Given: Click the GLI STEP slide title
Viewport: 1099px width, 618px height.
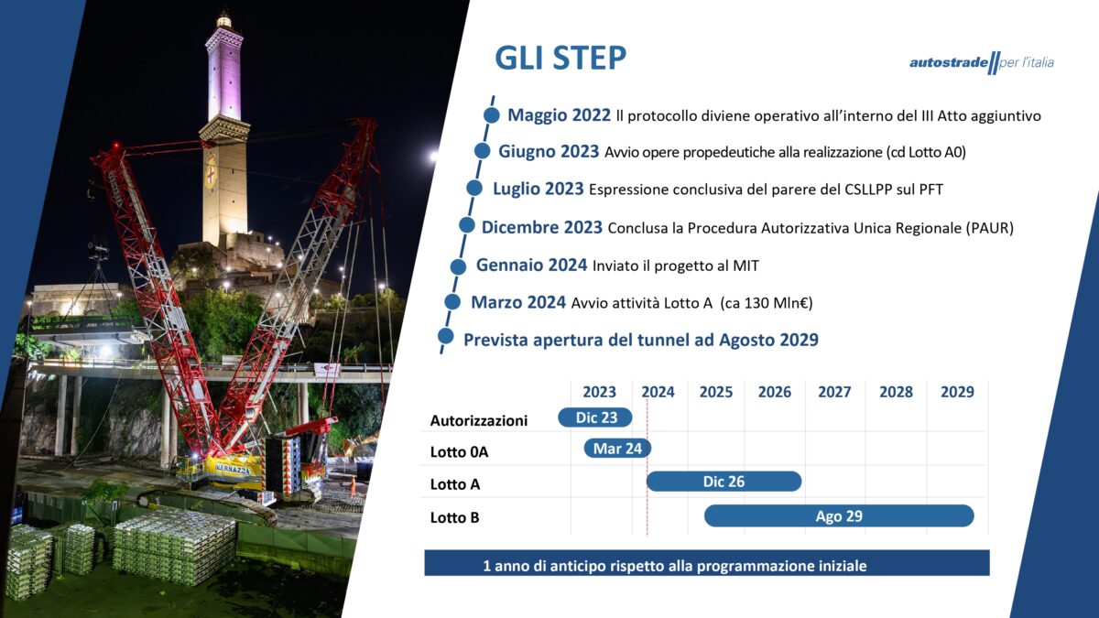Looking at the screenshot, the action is tap(560, 58).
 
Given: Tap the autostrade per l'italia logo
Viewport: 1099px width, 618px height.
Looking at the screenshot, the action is tap(982, 63).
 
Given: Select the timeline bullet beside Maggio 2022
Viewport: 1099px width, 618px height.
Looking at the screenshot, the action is tap(491, 115).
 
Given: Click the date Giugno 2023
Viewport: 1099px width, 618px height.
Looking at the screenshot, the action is tap(549, 152).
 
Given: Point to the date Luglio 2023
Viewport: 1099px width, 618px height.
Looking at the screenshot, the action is tap(539, 189).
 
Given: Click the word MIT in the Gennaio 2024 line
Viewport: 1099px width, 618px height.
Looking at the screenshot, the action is tap(745, 266).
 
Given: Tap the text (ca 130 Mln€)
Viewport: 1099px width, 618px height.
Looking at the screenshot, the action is tap(767, 303).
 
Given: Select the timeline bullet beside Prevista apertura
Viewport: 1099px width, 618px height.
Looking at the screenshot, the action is tap(445, 337).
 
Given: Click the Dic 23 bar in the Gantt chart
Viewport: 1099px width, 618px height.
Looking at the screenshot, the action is tap(595, 417).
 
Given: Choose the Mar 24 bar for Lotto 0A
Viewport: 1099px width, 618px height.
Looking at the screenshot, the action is tap(617, 449).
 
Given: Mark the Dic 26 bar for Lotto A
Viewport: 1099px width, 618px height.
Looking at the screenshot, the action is tap(724, 482).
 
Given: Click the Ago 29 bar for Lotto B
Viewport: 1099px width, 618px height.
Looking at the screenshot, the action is tap(839, 516).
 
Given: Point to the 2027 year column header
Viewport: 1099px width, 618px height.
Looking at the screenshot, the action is tap(834, 392).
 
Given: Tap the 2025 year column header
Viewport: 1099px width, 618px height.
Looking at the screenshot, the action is tap(716, 392).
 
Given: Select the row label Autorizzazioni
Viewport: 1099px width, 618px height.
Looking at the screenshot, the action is tap(478, 420).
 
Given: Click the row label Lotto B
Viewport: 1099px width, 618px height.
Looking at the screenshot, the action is tap(454, 517).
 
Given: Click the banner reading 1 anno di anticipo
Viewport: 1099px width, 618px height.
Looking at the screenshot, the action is tap(706, 562).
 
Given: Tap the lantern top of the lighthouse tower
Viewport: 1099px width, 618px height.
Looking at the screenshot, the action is tap(224, 20).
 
